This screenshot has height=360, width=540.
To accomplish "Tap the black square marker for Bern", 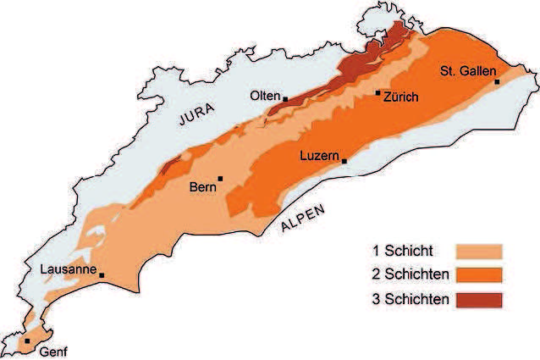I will pos(220,178).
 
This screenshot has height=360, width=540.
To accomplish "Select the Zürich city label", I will pos(401,98).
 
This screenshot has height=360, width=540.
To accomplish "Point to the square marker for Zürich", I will pos(377,92).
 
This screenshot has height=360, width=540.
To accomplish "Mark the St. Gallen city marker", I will pos(497,81).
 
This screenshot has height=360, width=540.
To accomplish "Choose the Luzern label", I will pos(320,156).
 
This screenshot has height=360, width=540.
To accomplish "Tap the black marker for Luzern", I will pos(344,160).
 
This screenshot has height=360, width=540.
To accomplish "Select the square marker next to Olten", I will pos(285,99).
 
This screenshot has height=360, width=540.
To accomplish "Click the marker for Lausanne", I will pos(102,274).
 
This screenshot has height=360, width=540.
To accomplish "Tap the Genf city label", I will pos(52,352).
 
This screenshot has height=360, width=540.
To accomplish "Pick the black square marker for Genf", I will pos(27,341).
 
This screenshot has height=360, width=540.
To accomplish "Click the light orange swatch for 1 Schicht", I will pos(479,251).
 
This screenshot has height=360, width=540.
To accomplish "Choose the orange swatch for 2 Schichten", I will pos(479,275).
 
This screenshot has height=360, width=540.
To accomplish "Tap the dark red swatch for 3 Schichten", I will pos(479,301).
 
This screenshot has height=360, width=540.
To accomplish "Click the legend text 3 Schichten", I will pos(408,301).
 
